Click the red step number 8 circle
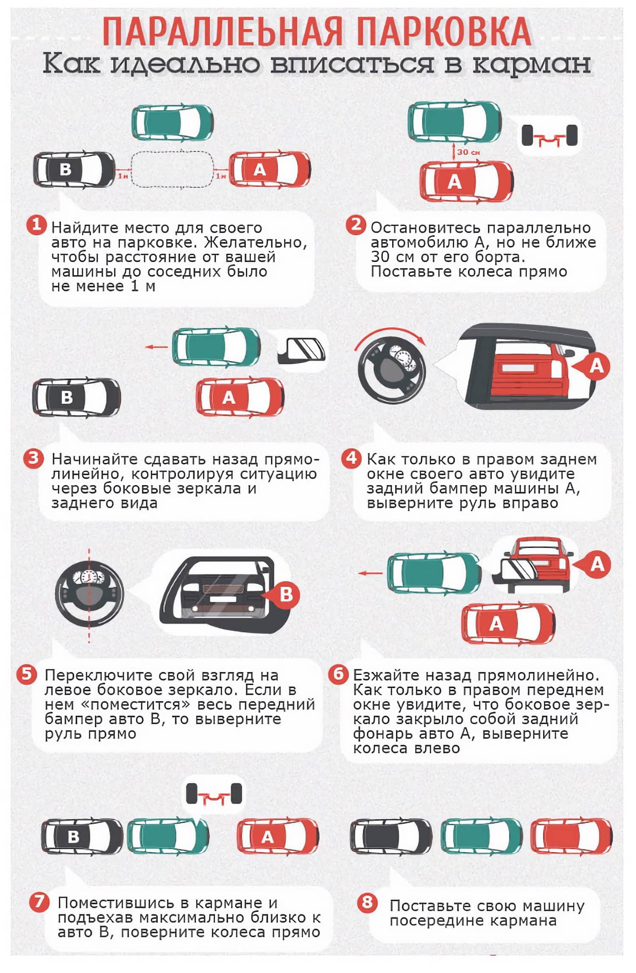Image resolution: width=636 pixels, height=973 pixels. click(x=367, y=902)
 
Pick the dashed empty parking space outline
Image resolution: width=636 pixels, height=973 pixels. click(x=172, y=170)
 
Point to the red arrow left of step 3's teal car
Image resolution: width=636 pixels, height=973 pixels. click(x=156, y=347)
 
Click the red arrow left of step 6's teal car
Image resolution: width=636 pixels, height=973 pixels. click(x=371, y=573)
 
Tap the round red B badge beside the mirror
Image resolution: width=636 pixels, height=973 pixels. click(x=286, y=594)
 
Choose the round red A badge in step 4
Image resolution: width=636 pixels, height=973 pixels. click(x=597, y=365)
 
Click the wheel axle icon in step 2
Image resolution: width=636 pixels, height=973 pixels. click(x=550, y=136)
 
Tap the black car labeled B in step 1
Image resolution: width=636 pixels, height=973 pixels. click(x=74, y=169)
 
